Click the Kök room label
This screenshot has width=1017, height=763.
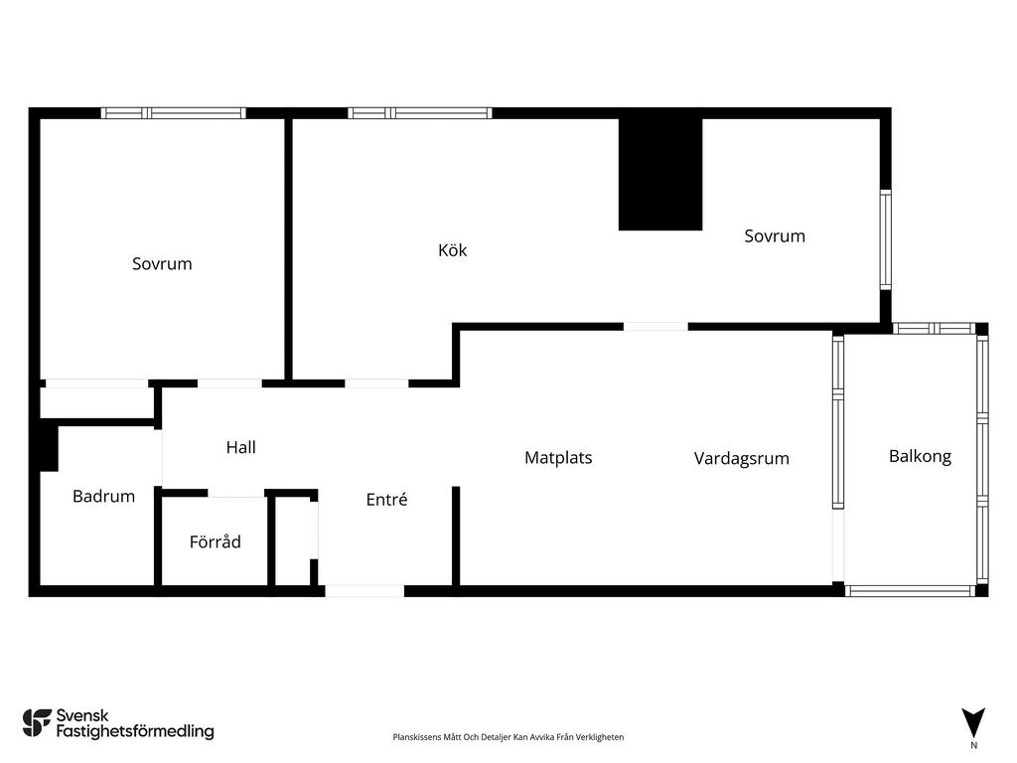pos(452,249)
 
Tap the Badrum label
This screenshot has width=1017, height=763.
pos(103,497)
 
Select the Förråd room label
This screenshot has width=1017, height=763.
pos(216,541)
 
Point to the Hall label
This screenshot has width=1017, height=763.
pos(240,447)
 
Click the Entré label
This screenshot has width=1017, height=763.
pos(386,499)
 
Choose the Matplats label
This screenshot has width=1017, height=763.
pos(558,458)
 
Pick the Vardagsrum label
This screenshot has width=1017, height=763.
pos(741,459)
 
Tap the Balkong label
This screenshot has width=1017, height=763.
pos(920,457)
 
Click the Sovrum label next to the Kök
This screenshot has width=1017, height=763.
pos(775,236)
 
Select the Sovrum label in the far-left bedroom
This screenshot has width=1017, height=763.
pos(162,264)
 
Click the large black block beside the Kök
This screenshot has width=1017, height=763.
pos(660,174)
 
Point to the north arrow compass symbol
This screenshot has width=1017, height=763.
pos(973,723)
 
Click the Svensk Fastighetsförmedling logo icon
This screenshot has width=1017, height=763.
pos(37,723)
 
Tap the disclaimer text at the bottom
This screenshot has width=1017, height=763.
pos(508,737)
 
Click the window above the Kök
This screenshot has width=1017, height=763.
pos(420,113)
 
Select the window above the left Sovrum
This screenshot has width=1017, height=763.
pos(173,113)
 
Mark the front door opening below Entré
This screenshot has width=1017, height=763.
pos(364,591)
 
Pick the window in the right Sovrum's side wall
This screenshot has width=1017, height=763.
pos(885,239)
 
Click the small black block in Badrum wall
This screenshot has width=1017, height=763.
pos(49,446)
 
